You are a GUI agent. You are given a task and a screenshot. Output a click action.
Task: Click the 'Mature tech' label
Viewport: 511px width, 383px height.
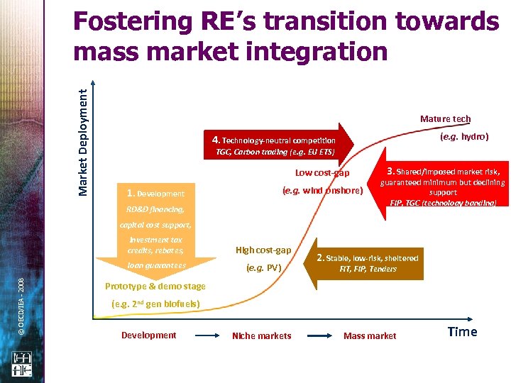pos(445,119)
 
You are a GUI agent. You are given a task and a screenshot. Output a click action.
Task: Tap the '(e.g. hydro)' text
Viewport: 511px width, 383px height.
pos(464,136)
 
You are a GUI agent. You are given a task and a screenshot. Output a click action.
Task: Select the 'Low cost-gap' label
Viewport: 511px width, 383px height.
pos(322,173)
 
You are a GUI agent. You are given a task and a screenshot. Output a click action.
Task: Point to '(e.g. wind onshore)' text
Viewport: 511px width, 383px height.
pos(322,190)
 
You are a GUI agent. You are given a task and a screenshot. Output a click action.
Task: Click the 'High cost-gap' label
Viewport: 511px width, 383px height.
pos(263,250)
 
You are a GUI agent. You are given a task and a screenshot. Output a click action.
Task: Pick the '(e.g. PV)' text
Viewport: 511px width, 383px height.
pos(263,269)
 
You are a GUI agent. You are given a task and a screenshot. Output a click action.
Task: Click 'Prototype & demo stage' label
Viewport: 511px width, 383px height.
pos(155,287)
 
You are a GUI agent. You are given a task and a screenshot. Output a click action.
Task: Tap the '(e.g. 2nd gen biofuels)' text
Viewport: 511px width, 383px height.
pos(155,304)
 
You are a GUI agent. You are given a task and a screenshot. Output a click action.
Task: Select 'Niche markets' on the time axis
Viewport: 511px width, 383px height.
pos(261,335)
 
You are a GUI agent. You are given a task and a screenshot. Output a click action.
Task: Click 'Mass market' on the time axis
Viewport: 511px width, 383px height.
pos(370,335)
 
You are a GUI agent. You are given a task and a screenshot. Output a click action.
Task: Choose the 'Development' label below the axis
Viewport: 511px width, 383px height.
pos(148,335)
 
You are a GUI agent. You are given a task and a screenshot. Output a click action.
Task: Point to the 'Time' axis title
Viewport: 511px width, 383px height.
pos(462,332)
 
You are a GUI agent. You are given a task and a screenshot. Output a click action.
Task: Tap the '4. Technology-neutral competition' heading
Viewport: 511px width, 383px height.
pos(269,140)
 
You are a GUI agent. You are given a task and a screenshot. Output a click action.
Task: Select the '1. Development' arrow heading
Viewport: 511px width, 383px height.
pos(155,193)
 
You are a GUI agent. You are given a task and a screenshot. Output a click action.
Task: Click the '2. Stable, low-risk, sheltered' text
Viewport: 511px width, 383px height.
pos(368,258)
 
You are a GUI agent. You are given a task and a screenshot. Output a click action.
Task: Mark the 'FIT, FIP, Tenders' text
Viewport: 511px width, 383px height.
pos(368,270)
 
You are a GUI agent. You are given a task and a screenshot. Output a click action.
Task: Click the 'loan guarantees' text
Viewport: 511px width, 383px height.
pos(156,265)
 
